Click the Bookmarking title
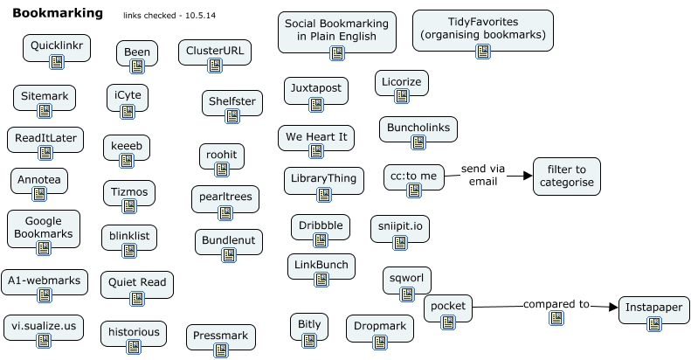point(57,14)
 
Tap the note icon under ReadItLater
point(45,154)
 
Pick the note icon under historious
point(134,347)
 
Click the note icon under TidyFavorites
point(483,52)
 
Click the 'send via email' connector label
point(483,175)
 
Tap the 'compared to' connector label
point(556,304)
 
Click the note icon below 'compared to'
point(556,318)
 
